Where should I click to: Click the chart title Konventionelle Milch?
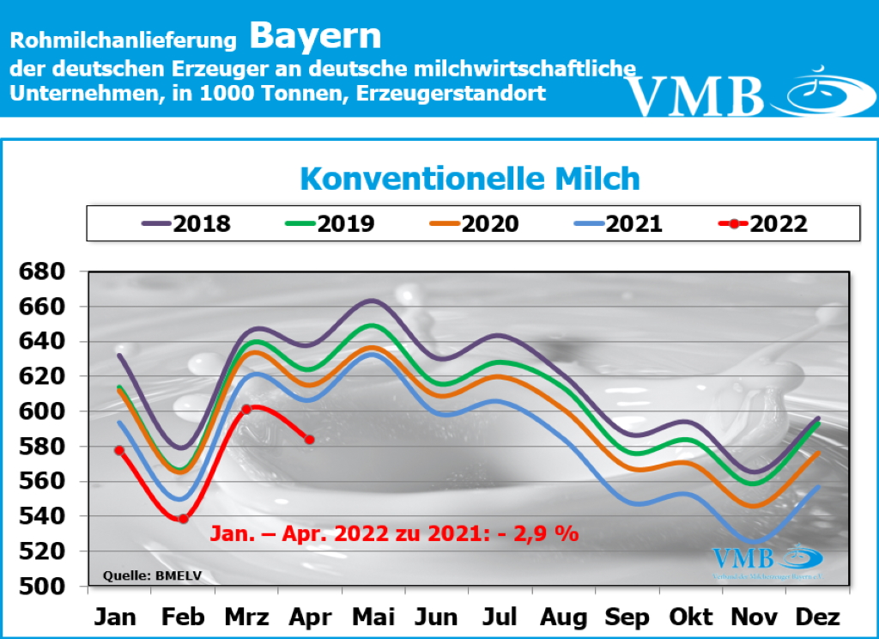coord(470,179)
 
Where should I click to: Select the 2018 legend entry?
coord(186,224)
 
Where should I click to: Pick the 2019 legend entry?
coord(330,224)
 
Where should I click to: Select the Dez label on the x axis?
coord(817,618)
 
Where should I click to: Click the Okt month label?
coord(692,618)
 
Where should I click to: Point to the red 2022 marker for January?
coord(118,451)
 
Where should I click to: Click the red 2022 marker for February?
coord(183,518)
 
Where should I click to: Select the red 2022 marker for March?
coord(246,410)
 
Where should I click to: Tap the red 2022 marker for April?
coord(310,440)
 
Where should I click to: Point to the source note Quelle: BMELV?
coord(152,575)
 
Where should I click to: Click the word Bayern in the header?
coord(316,36)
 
